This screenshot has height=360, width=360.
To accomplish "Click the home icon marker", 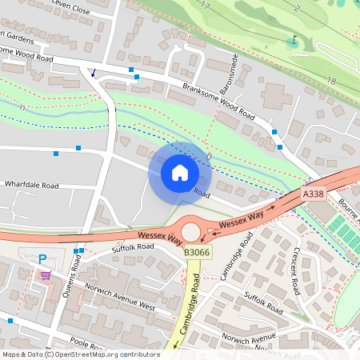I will point(180,173).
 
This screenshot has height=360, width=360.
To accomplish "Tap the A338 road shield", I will point(313,194).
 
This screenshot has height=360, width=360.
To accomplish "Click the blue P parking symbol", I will point(42,258).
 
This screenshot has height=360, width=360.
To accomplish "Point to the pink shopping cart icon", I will point(46,275).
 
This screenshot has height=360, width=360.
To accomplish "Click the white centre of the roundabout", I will point(190,232).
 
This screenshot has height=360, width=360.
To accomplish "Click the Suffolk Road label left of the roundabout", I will point(133,247).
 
